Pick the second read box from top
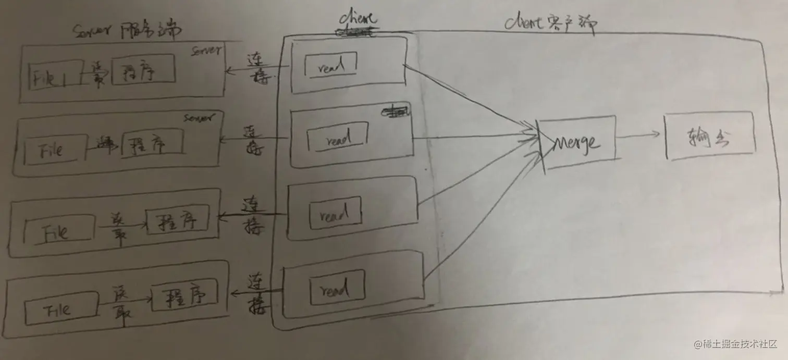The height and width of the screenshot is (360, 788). [336, 138]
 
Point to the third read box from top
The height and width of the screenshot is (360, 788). [336, 213]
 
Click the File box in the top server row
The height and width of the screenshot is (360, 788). [55, 76]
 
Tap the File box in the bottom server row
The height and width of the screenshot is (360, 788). [61, 309]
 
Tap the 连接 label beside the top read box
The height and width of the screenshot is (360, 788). [255, 68]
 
